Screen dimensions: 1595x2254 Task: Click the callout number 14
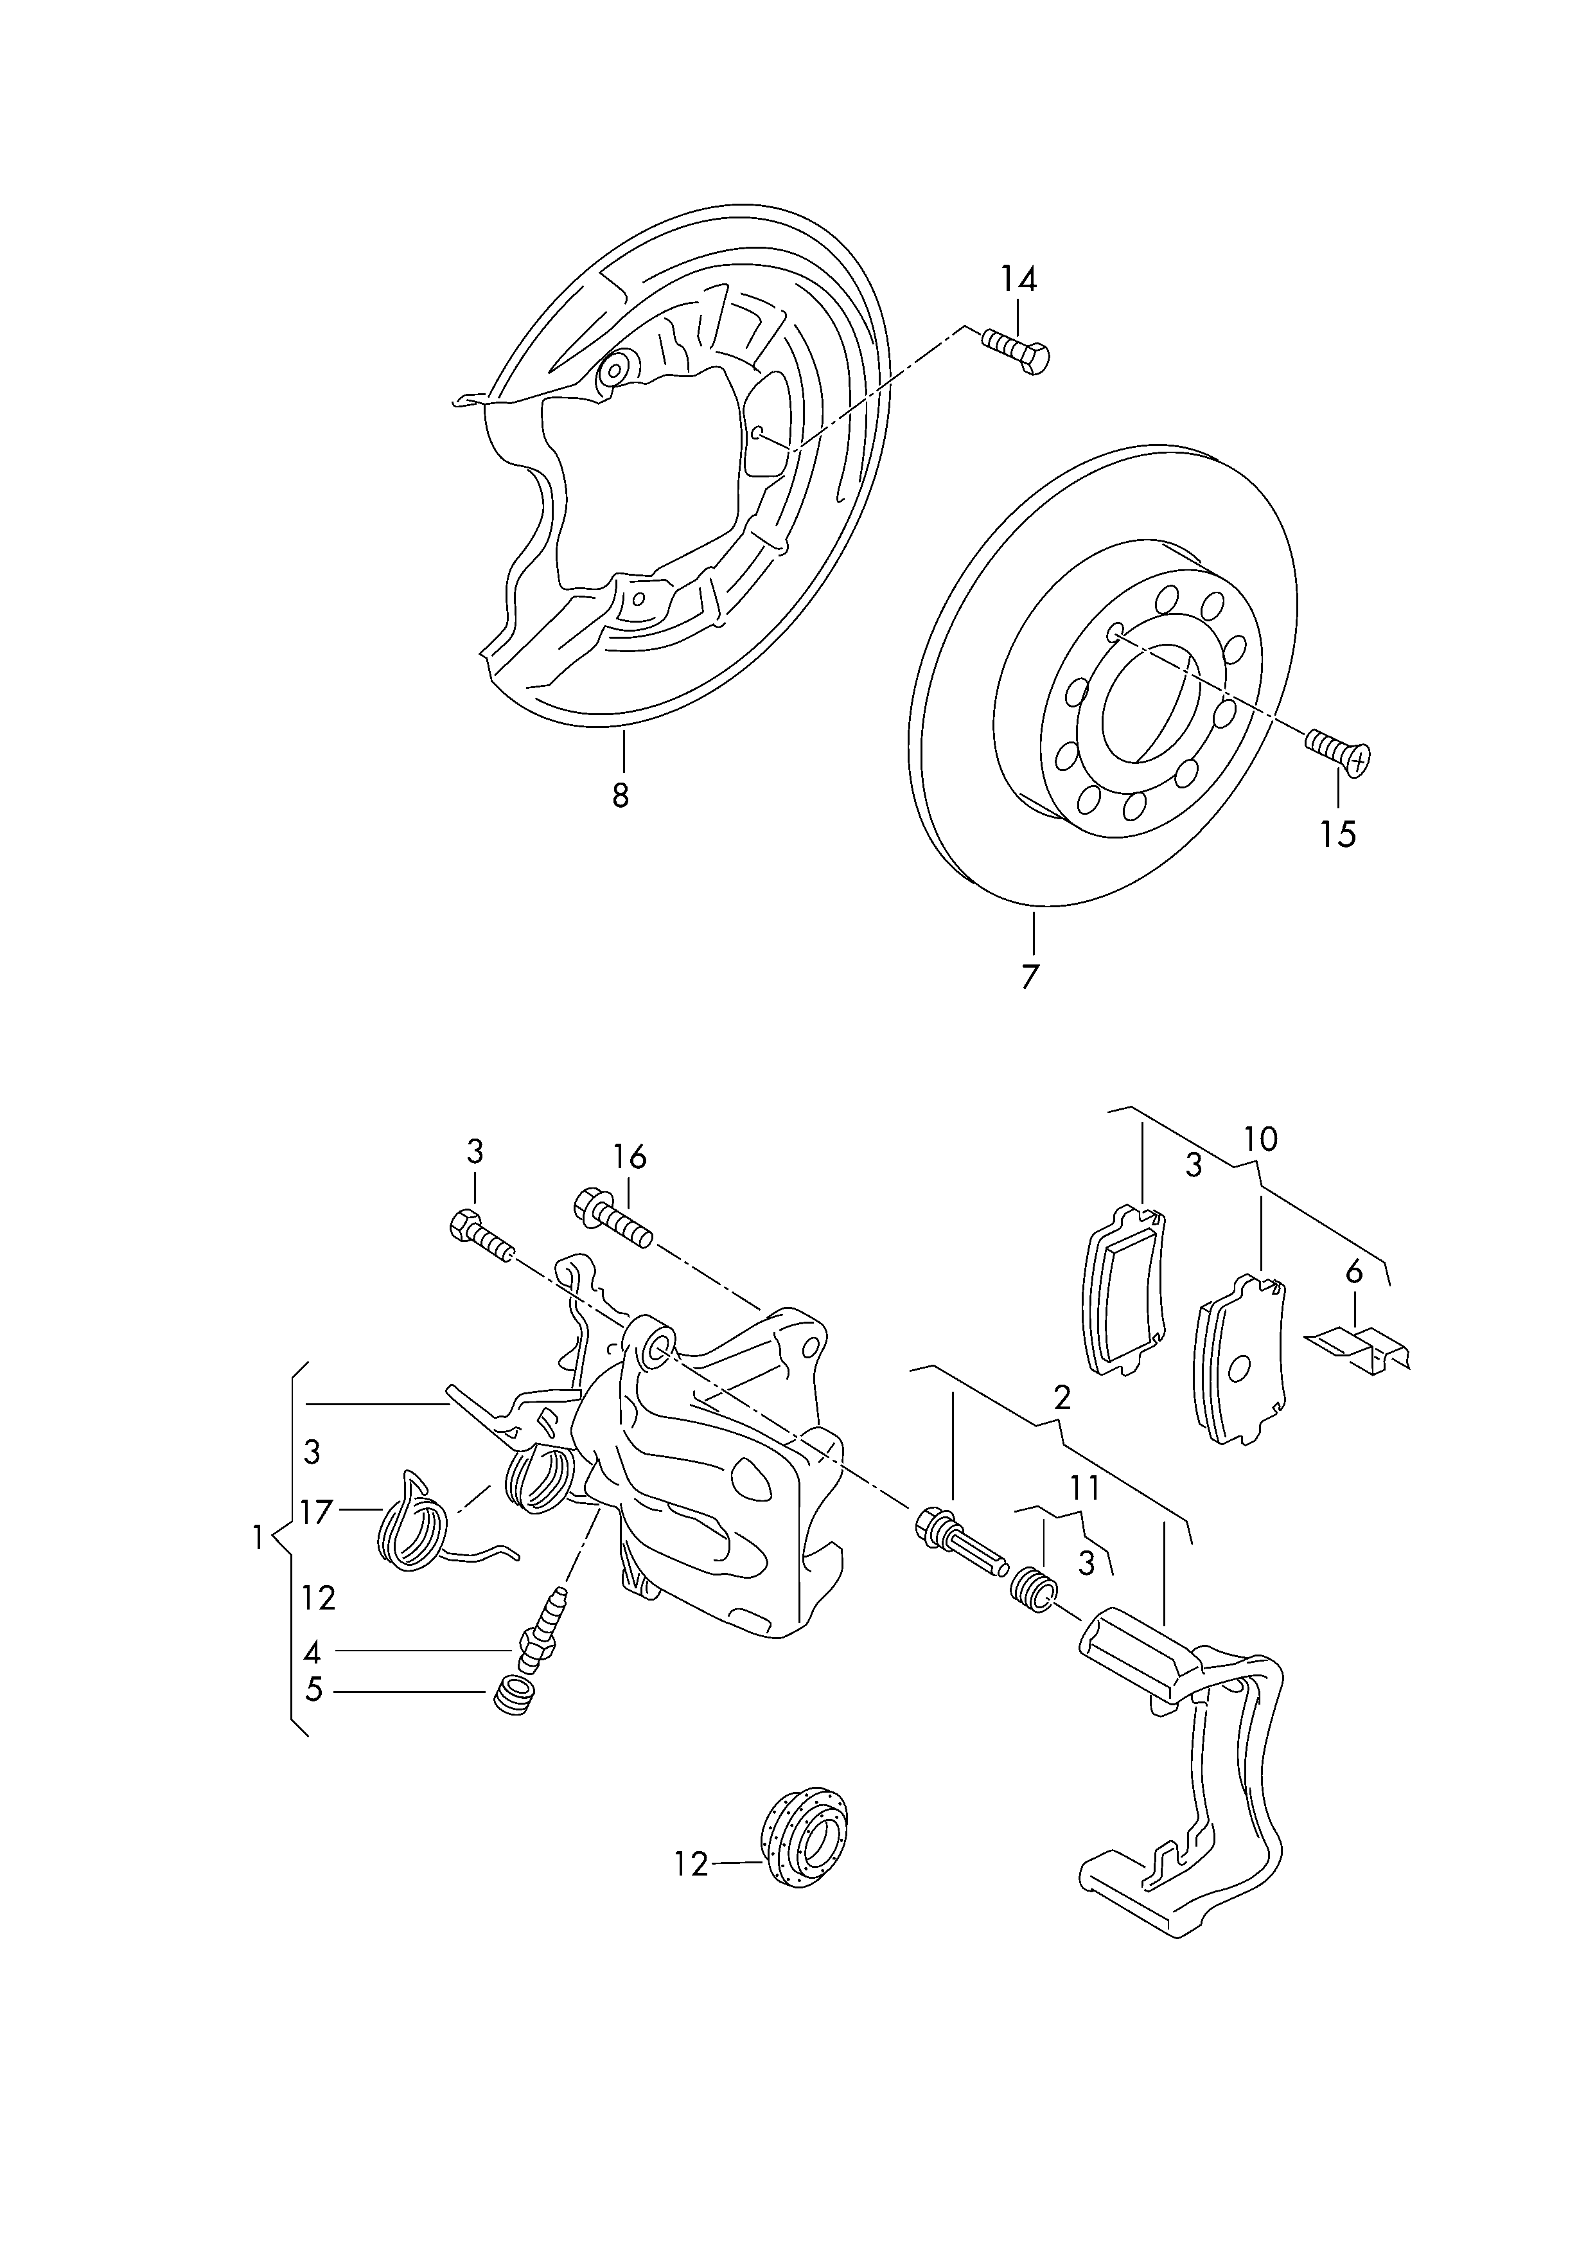coord(1019,280)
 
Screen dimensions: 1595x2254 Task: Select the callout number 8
coord(620,795)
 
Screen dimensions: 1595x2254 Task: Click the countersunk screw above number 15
coord(1337,753)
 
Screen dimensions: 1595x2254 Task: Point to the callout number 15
coord(1337,834)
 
